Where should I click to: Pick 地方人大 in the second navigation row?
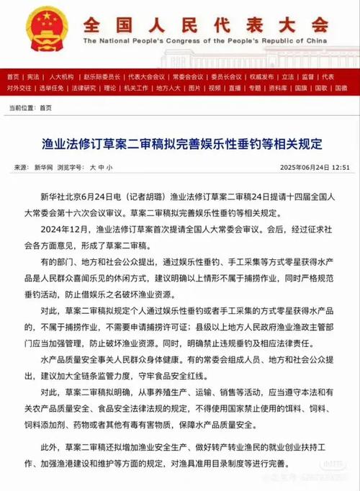click(168, 88)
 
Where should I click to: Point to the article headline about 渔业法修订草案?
click(179, 143)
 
